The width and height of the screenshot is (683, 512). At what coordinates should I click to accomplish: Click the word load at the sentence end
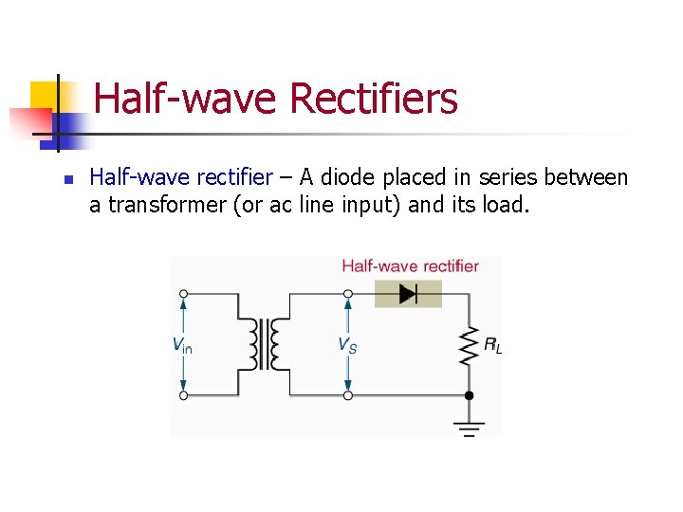tap(501, 205)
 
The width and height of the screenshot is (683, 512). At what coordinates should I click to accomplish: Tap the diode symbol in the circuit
tap(408, 294)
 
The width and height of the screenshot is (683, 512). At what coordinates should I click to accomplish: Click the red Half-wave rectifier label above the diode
tap(410, 266)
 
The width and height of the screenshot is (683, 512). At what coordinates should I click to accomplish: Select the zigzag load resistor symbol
tap(468, 345)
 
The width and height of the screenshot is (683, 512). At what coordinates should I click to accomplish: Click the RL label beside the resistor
tap(492, 346)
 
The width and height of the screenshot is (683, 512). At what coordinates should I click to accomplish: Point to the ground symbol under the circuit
tap(468, 426)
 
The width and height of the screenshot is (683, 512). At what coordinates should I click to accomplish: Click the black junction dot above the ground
tap(468, 395)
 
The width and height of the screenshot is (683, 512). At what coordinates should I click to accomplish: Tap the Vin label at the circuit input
tap(182, 345)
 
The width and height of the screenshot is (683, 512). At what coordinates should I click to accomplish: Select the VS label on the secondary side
tap(348, 345)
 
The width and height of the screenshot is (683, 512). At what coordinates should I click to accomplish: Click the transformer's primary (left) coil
tap(253, 344)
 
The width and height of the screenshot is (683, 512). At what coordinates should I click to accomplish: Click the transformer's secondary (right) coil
tap(275, 344)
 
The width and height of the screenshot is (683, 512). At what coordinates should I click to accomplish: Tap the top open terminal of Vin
tap(184, 294)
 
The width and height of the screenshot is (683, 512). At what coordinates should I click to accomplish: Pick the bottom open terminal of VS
tap(348, 395)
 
